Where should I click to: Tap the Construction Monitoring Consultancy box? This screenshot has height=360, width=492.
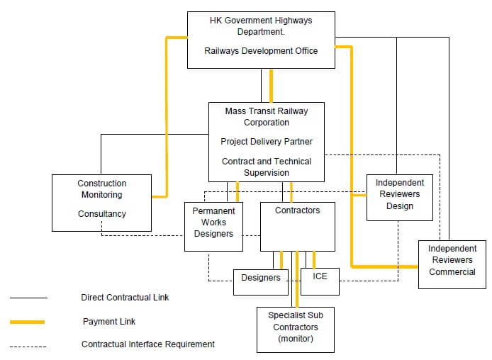[x=101, y=203]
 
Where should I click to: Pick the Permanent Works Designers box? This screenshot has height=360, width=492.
[x=213, y=226]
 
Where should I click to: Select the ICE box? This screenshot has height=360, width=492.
[x=320, y=281]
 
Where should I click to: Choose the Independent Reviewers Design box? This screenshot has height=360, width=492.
[x=399, y=196]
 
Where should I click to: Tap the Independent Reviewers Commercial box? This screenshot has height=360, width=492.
[x=452, y=264]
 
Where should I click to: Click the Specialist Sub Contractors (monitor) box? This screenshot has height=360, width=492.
[x=295, y=329]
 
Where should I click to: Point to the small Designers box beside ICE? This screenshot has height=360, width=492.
[x=261, y=281]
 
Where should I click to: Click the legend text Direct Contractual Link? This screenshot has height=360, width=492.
[x=125, y=298]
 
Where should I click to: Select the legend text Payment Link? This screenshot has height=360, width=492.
[x=108, y=322]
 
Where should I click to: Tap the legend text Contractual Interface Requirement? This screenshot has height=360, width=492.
[x=147, y=344]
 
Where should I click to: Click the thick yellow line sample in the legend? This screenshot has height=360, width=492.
[x=28, y=322]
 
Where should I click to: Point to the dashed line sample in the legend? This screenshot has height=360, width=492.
[x=28, y=347]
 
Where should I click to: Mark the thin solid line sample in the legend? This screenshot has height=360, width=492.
[x=28, y=298]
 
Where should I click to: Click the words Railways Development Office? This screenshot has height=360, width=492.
[x=261, y=51]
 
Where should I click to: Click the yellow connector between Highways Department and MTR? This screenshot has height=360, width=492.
[x=271, y=85]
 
